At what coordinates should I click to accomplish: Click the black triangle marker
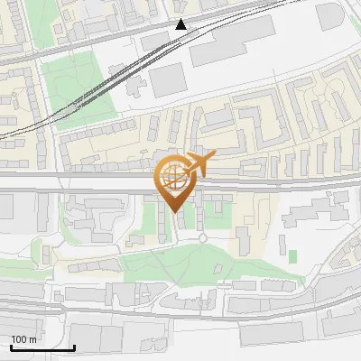(x=181, y=24)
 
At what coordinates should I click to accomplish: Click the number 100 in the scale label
(x=19, y=339)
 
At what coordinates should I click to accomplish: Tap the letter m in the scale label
(x=32, y=339)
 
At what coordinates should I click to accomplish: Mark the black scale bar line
(x=42, y=347)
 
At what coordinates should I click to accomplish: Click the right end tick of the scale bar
(x=74, y=346)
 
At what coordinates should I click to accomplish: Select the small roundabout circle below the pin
(x=203, y=238)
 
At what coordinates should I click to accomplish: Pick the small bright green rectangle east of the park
(x=292, y=256)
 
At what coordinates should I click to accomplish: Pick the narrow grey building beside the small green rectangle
(x=281, y=249)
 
